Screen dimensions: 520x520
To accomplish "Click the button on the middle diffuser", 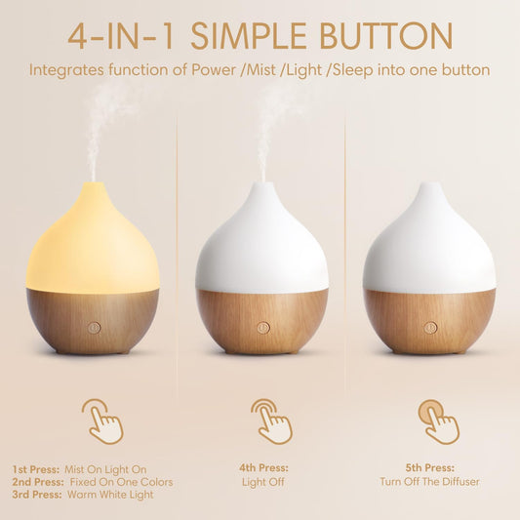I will coord(262,328).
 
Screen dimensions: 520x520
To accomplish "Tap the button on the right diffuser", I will coord(429,328).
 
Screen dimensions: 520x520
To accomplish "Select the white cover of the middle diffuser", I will coord(261,244).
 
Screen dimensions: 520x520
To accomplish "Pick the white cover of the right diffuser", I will coord(429,244).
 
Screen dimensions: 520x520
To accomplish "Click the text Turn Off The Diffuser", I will coord(430,482).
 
